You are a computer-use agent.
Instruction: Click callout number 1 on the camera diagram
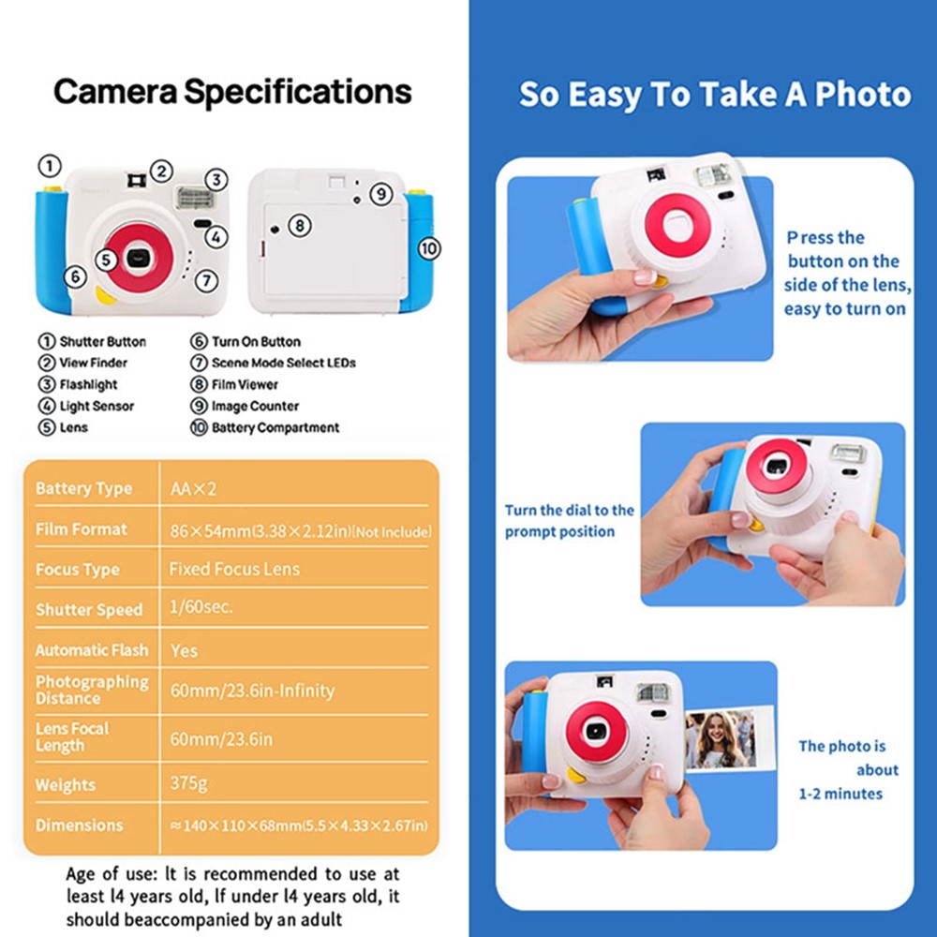49,167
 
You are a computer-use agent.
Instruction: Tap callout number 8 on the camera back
298,225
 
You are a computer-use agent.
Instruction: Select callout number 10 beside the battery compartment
428,248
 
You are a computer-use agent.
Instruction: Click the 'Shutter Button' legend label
102,342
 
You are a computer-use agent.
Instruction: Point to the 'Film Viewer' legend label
245,384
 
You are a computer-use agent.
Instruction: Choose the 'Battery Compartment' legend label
275,427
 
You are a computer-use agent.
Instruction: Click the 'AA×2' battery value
193,488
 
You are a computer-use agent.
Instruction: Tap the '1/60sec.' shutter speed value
201,607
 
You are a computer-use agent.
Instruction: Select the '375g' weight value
190,783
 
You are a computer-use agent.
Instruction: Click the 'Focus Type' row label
77,570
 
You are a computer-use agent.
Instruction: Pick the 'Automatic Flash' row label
91,649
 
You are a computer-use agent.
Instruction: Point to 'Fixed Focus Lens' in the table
234,569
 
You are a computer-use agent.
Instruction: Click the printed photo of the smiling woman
720,739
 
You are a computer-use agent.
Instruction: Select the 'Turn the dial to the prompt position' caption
569,521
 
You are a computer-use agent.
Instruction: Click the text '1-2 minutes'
840,794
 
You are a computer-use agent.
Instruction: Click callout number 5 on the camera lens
106,260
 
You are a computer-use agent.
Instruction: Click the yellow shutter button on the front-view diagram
52,190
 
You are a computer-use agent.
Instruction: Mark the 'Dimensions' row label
79,825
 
